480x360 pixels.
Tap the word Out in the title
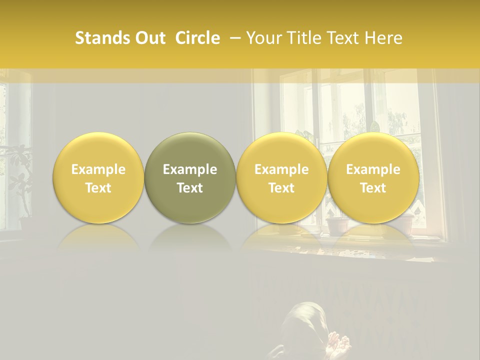click(149, 38)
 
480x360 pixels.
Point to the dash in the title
click(237, 38)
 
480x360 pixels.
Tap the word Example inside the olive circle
click(190, 169)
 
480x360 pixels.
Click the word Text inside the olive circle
click(190, 188)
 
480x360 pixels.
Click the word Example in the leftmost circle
click(98, 169)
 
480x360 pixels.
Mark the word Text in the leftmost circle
click(98, 188)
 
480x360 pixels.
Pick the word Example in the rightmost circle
click(373, 169)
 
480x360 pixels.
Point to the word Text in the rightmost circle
click(373, 188)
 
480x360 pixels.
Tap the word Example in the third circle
click(281, 169)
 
